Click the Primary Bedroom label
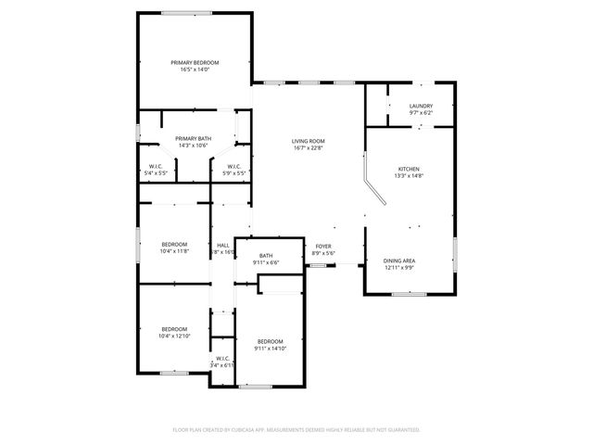[195, 62]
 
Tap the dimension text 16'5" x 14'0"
[195, 70]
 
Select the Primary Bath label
[194, 138]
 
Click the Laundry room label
[421, 106]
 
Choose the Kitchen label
[409, 169]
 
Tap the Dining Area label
[399, 261]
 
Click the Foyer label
[322, 246]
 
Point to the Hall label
[222, 245]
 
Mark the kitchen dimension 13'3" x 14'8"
[409, 176]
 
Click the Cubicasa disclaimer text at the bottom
[296, 429]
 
